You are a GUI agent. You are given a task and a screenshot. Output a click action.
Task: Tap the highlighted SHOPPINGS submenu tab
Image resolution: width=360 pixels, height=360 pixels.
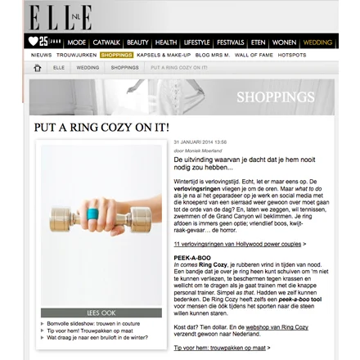(116, 55)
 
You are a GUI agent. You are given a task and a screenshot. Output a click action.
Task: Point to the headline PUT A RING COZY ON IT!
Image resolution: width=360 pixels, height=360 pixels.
(101, 128)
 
